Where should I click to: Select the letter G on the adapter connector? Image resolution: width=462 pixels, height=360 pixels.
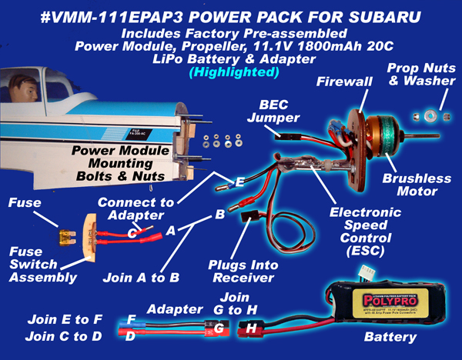(220, 329)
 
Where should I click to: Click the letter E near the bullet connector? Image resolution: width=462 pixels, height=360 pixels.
(240, 182)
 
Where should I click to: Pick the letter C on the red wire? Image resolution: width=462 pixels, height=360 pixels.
(133, 231)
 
